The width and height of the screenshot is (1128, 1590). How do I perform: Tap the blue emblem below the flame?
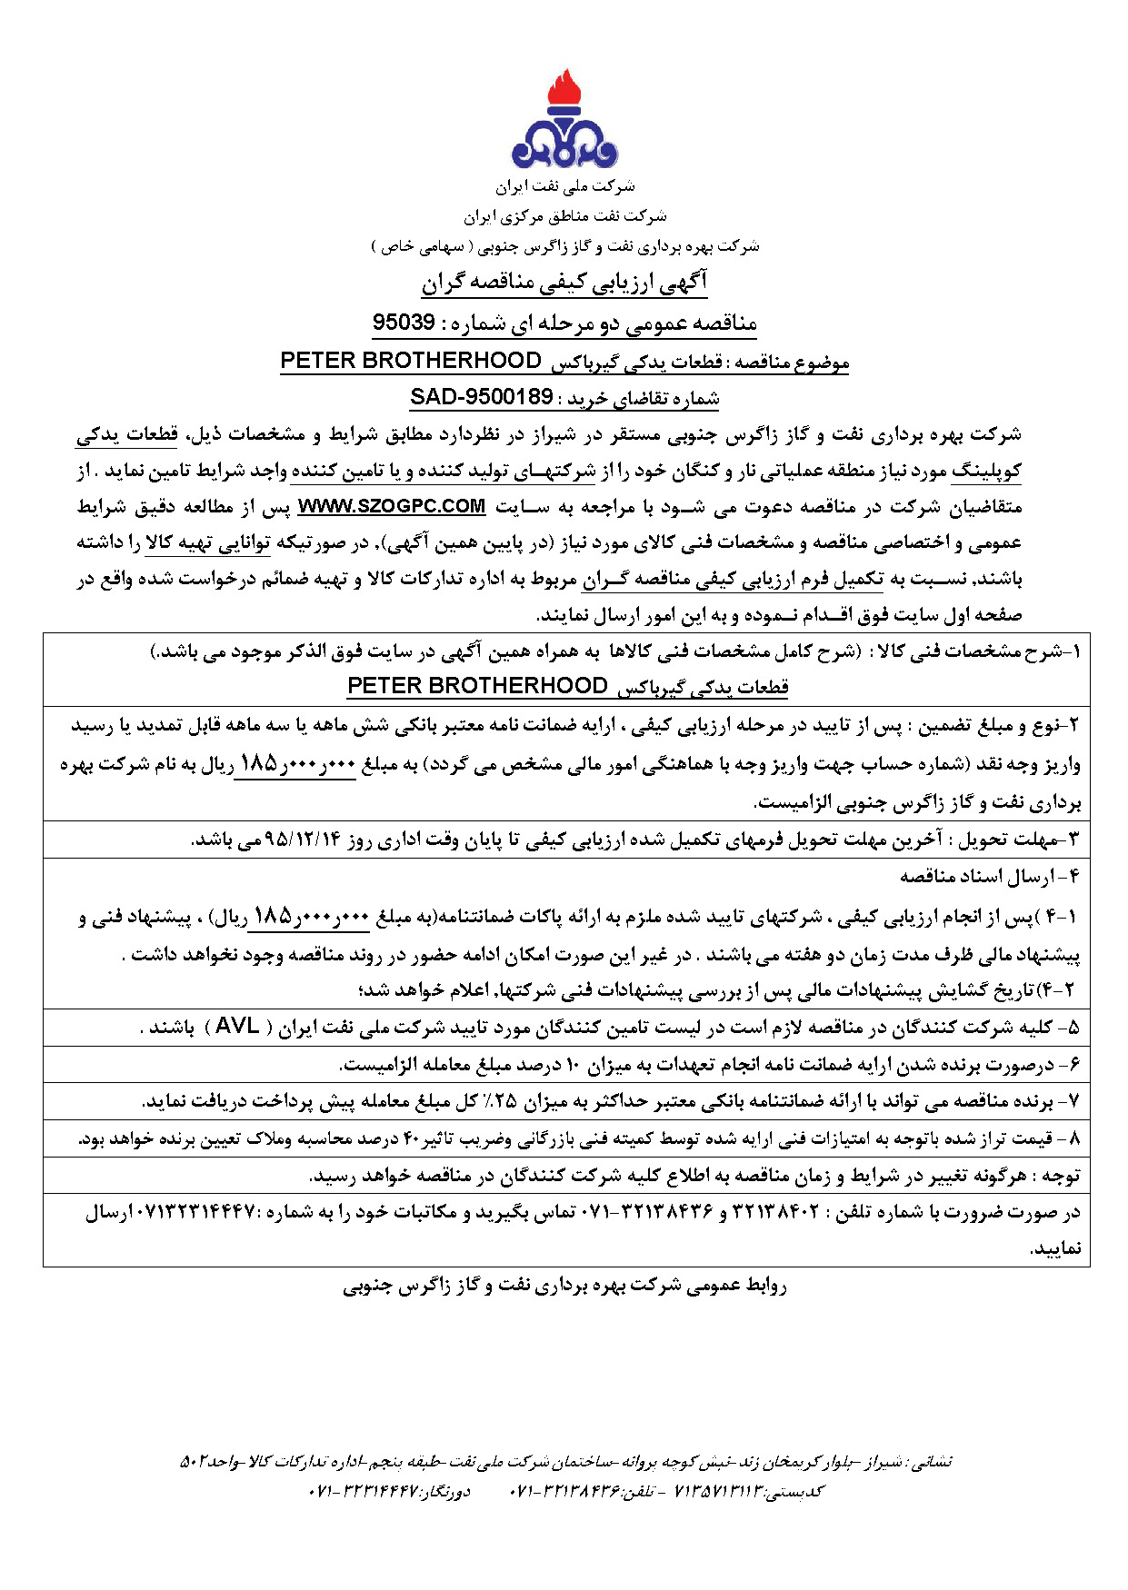pyautogui.click(x=564, y=144)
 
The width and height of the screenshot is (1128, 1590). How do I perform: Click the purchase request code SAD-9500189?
pyautogui.click(x=481, y=397)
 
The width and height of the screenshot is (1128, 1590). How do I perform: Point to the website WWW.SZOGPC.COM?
pyautogui.click(x=392, y=506)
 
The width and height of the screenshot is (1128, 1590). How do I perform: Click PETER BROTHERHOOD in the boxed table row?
pyautogui.click(x=477, y=686)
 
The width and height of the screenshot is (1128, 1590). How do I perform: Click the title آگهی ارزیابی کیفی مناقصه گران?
pyautogui.click(x=564, y=283)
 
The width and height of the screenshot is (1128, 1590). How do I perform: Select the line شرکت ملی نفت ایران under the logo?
pyautogui.click(x=564, y=187)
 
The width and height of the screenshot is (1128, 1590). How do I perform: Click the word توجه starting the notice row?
pyautogui.click(x=1060, y=1176)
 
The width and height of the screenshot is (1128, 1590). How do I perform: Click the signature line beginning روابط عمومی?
pyautogui.click(x=564, y=1286)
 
